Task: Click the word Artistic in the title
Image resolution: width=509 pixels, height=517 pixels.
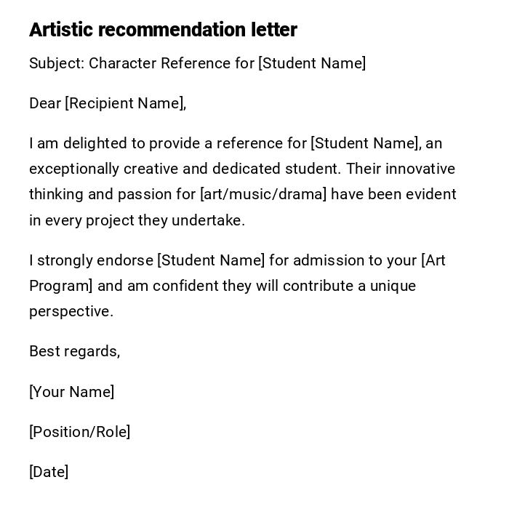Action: (x=61, y=30)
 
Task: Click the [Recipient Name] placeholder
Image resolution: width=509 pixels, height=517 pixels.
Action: (x=125, y=103)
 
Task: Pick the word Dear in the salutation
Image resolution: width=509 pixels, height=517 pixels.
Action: (x=45, y=103)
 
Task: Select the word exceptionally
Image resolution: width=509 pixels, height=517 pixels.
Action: (x=74, y=169)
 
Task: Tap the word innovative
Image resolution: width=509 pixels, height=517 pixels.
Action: (x=420, y=169)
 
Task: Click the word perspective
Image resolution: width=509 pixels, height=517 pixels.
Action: (x=71, y=311)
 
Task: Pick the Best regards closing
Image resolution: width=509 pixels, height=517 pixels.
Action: (x=74, y=351)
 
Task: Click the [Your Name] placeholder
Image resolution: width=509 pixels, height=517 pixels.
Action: (x=71, y=392)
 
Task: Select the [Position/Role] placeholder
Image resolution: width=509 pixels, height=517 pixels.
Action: (x=79, y=432)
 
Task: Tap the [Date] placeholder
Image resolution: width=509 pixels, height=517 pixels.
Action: (x=49, y=472)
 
